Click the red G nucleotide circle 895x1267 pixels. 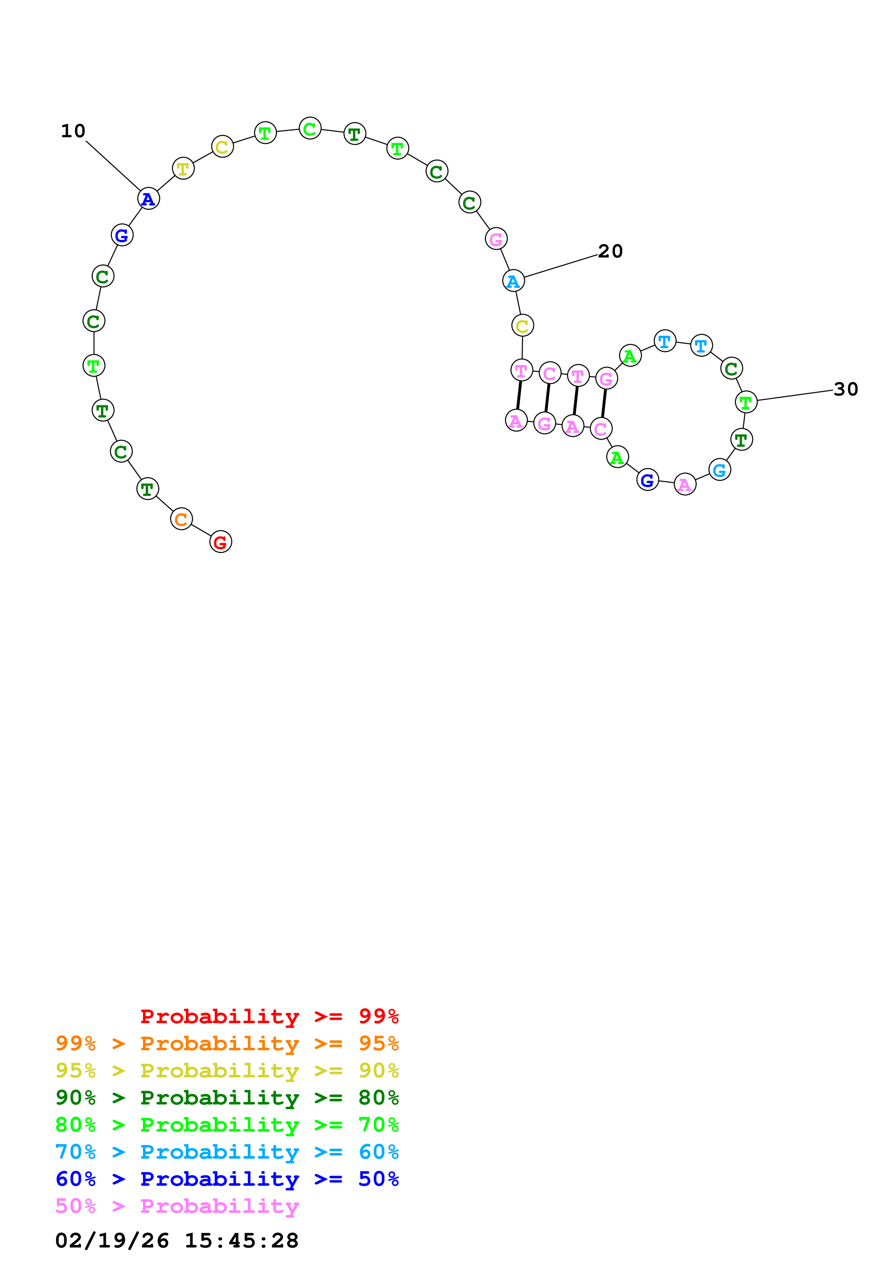coord(221,542)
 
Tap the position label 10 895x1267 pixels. coord(73,131)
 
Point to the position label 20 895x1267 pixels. coord(610,252)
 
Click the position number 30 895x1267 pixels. coord(846,390)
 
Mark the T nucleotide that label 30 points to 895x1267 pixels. coord(746,402)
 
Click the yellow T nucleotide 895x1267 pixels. coord(183,168)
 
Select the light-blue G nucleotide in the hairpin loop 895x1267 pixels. coord(719,470)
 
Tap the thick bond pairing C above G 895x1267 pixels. coord(547,398)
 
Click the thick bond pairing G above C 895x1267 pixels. coord(603,403)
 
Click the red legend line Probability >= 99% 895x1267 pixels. coord(269,1016)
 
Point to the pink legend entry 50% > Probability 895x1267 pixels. coord(177,1206)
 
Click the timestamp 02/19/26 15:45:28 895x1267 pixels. coord(177,1241)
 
